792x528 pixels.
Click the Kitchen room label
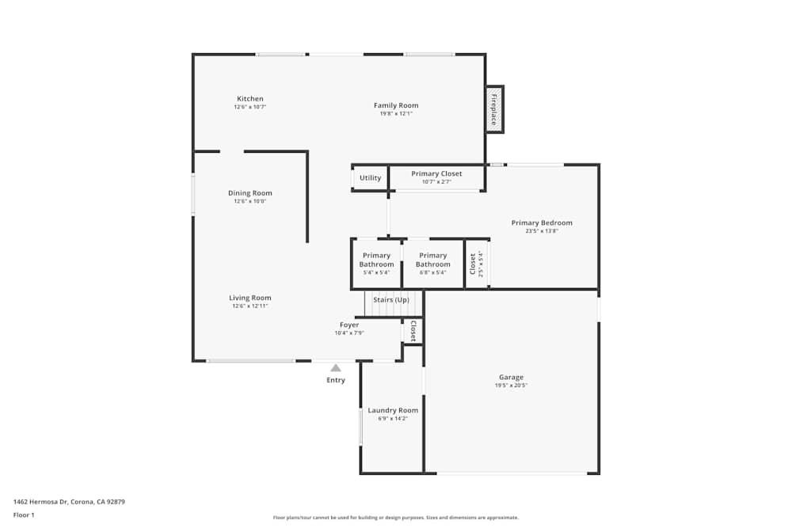pos(249,99)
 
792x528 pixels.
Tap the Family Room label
pos(396,105)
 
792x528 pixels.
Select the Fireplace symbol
pos(494,109)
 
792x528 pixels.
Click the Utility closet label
pos(370,178)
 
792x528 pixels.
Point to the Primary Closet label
pos(436,173)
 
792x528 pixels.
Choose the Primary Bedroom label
pos(542,223)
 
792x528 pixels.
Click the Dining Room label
pos(249,193)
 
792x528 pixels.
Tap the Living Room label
pos(249,298)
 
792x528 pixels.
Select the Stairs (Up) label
pos(391,300)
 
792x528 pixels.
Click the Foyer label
pos(349,325)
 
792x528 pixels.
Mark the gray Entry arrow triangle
pos(336,367)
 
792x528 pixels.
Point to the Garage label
pos(511,378)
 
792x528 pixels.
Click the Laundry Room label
pos(393,410)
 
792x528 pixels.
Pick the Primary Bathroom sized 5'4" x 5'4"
pos(376,260)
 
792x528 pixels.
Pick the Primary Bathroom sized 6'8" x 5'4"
pos(432,260)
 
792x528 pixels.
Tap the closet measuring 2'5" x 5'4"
pos(475,264)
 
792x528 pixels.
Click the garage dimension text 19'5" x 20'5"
pos(511,386)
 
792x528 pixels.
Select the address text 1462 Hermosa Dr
pos(69,502)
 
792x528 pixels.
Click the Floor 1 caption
pos(24,515)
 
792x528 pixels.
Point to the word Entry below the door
pos(336,381)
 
